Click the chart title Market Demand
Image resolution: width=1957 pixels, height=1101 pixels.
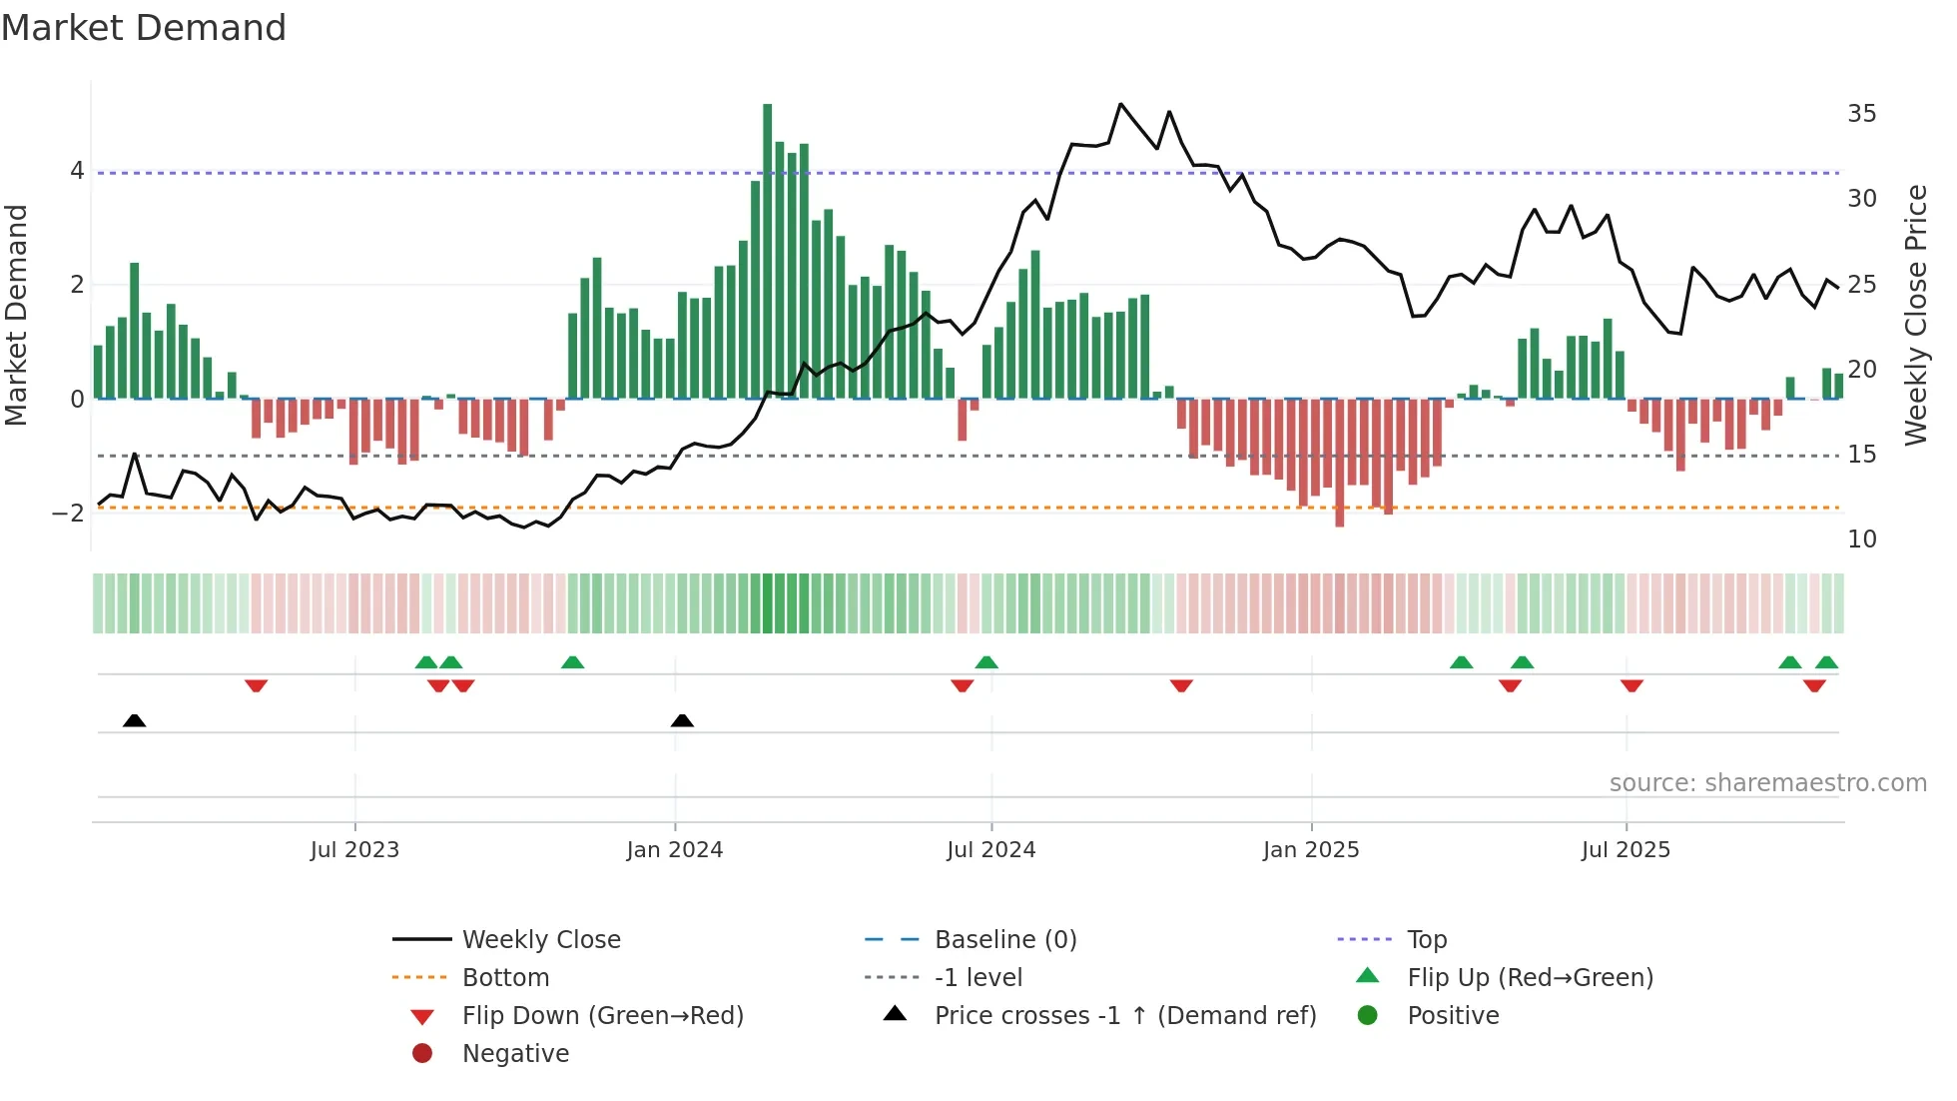pyautogui.click(x=144, y=28)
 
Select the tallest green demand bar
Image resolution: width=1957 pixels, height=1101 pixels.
pyautogui.click(x=767, y=250)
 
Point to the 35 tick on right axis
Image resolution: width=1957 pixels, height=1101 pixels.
pyautogui.click(x=1861, y=114)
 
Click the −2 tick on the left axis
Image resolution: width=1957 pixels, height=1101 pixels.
pyautogui.click(x=68, y=514)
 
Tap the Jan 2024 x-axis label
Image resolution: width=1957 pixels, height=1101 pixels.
pyautogui.click(x=674, y=850)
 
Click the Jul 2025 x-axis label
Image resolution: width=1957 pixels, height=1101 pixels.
pyautogui.click(x=1625, y=850)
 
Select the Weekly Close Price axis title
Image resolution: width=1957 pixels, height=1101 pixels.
pyautogui.click(x=1915, y=315)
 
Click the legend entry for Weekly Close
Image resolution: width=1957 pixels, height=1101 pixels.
pyautogui.click(x=540, y=940)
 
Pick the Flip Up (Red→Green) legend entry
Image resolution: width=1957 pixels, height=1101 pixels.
pyautogui.click(x=1530, y=978)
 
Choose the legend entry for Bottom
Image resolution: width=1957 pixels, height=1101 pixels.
pyautogui.click(x=505, y=978)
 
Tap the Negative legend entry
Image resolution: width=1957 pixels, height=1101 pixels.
pyautogui.click(x=515, y=1054)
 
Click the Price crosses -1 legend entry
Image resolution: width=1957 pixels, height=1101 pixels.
pyautogui.click(x=1124, y=1016)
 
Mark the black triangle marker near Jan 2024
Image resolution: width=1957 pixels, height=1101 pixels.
pyautogui.click(x=682, y=720)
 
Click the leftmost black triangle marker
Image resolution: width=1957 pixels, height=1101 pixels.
pyautogui.click(x=134, y=720)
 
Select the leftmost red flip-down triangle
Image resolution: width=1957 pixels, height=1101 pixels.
pyautogui.click(x=256, y=685)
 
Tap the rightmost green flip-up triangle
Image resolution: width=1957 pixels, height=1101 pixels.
pyautogui.click(x=1826, y=662)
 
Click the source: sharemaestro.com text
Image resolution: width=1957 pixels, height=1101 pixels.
pyautogui.click(x=1767, y=783)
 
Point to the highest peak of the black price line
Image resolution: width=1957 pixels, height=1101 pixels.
pyautogui.click(x=1120, y=104)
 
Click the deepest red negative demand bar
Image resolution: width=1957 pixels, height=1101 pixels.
pyautogui.click(x=1339, y=462)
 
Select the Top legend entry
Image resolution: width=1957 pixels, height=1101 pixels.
pyautogui.click(x=1426, y=940)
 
